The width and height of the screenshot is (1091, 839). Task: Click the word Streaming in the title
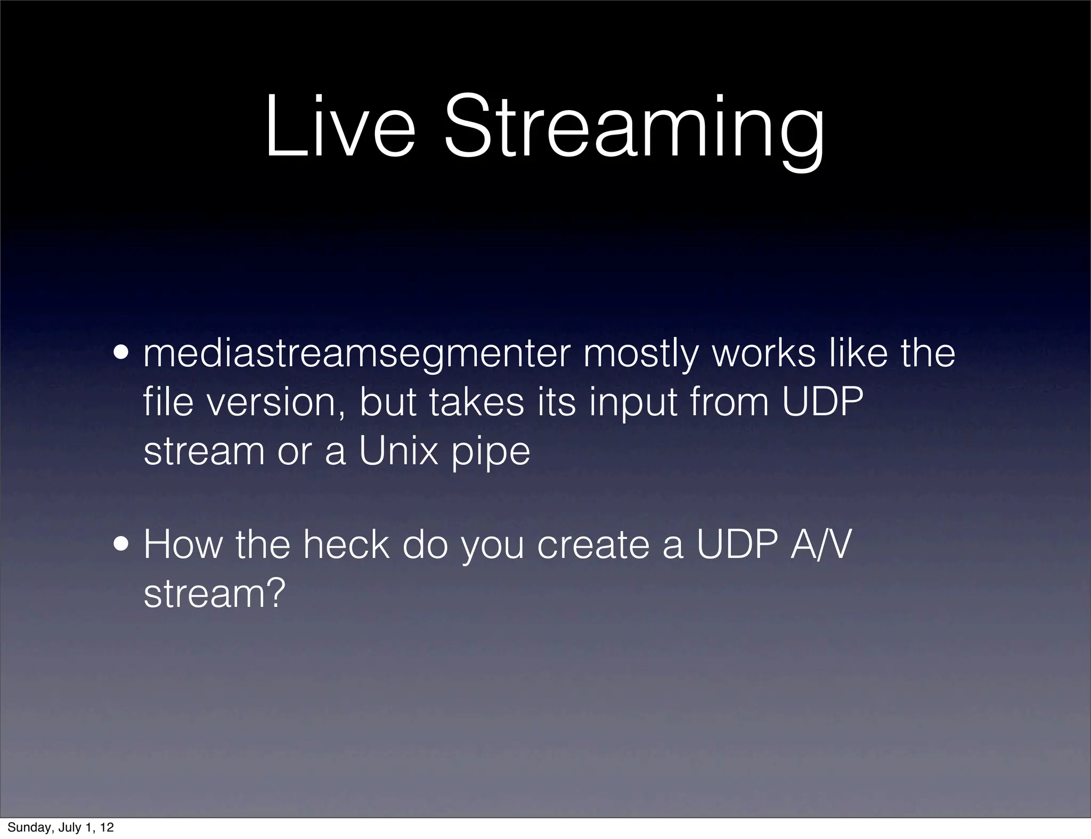(633, 131)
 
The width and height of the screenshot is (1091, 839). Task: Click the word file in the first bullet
(168, 402)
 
